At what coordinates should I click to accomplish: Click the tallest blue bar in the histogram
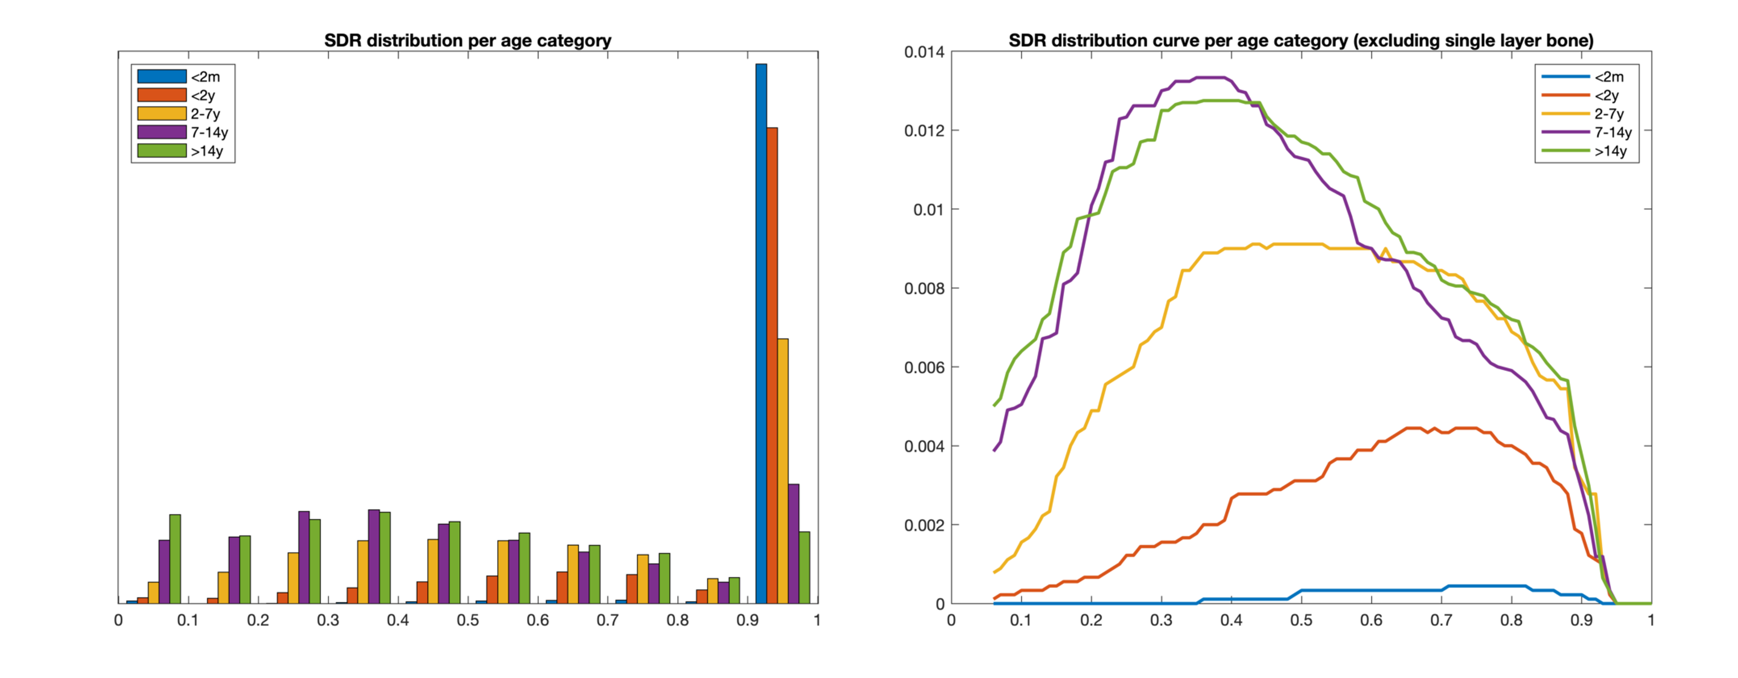(x=761, y=333)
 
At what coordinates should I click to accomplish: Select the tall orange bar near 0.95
(x=772, y=365)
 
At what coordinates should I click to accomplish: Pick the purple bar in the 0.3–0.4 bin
(x=374, y=556)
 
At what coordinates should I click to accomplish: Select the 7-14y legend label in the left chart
(x=209, y=132)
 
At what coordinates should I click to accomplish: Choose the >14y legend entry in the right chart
(x=1610, y=151)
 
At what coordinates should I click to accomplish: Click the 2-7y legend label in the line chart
(x=1609, y=114)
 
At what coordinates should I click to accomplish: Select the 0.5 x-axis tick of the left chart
(x=468, y=620)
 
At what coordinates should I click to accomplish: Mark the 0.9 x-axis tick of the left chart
(x=747, y=620)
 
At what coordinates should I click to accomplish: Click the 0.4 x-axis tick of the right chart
(x=1231, y=620)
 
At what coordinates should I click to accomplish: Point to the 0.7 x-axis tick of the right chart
(x=1441, y=620)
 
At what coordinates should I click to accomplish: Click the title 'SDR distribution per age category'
(x=468, y=40)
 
